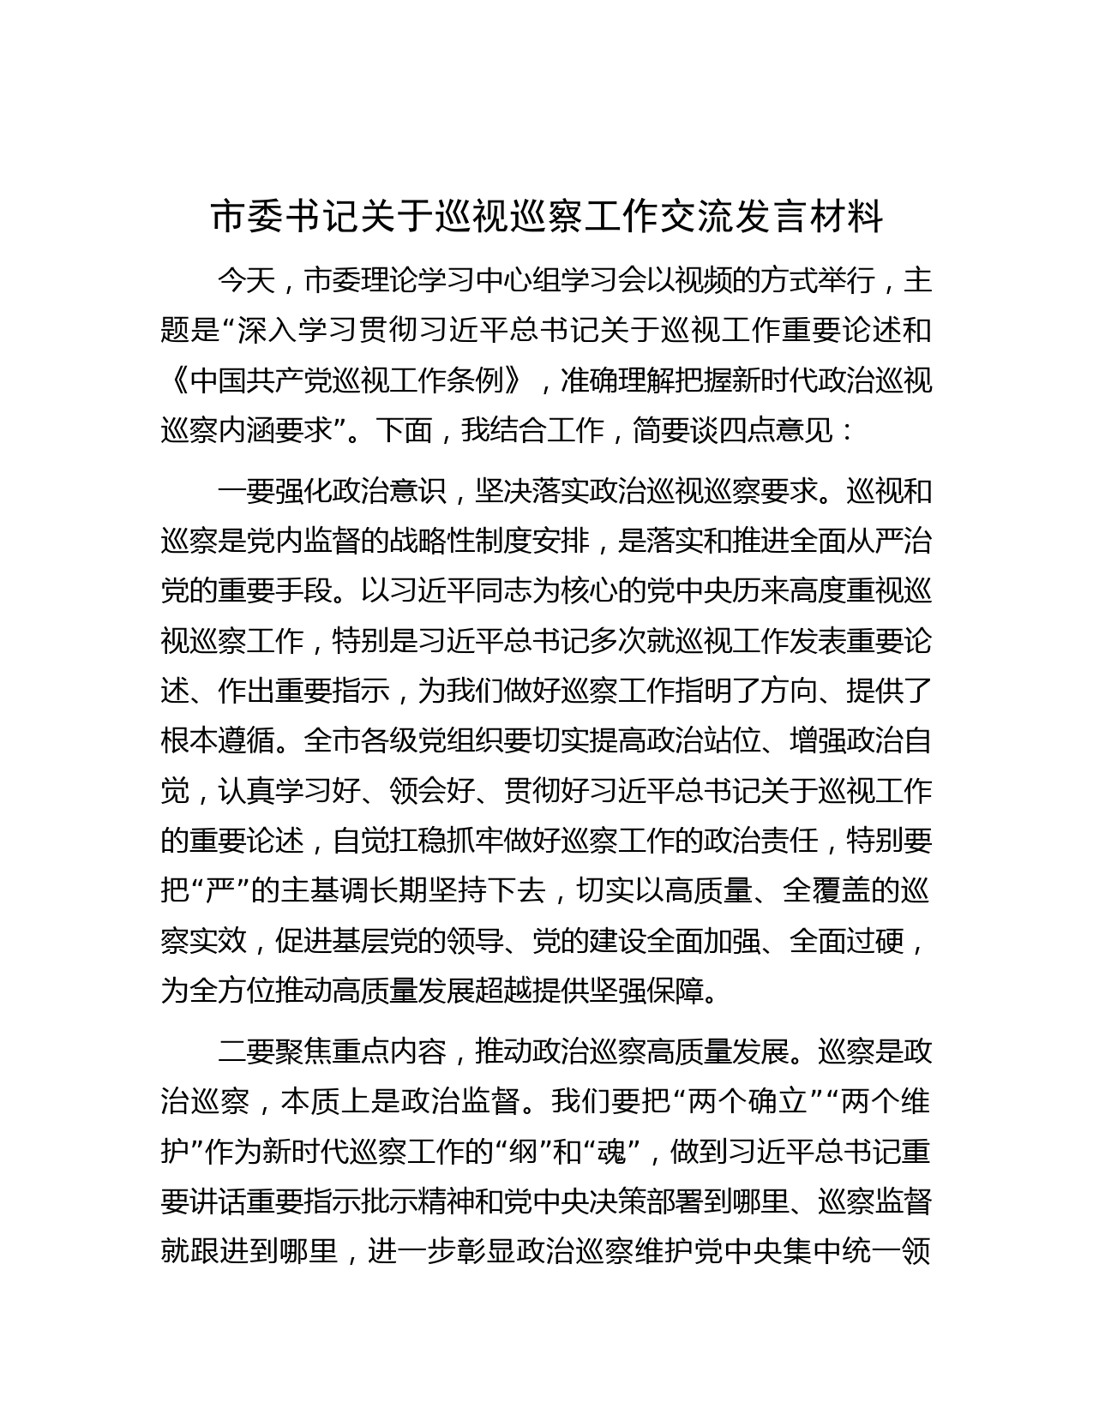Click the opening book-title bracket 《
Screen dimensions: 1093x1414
point(175,380)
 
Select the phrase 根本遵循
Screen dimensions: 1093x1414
point(218,740)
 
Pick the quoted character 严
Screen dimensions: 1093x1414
point(218,890)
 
